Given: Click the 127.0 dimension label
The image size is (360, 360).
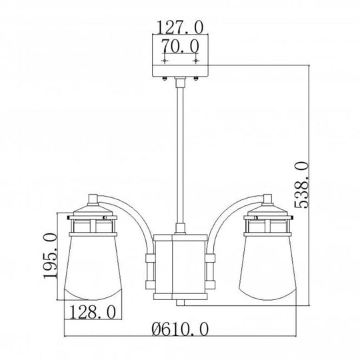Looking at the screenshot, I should coord(179,29).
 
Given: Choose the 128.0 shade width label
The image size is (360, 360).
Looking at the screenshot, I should coord(94,311).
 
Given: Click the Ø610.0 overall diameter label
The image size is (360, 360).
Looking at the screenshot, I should coord(181,327).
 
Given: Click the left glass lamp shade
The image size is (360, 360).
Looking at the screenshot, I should coord(94,273).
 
